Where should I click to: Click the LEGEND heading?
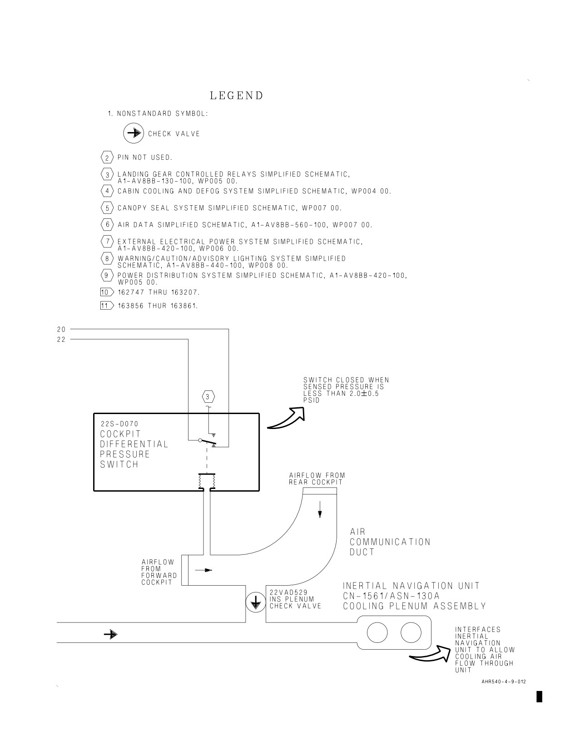pos(237,96)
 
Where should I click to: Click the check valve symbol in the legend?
pos(134,133)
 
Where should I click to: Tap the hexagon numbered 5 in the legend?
pos(107,208)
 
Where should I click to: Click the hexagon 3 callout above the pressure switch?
pos(208,397)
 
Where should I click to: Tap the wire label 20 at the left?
pos(61,330)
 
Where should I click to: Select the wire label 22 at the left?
pos(61,340)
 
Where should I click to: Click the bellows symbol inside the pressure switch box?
pos(207,482)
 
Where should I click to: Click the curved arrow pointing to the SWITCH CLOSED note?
pos(286,418)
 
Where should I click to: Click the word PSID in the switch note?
pos(312,400)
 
